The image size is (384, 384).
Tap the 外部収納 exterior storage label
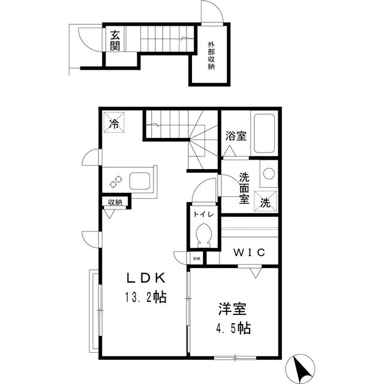(211, 55)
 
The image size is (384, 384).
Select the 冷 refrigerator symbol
(114, 123)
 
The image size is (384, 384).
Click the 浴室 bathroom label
(236, 136)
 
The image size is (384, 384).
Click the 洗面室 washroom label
(244, 188)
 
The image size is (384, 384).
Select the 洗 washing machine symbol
(265, 202)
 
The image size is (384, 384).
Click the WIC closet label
(248, 253)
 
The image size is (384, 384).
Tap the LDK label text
(145, 277)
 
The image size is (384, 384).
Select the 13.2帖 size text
(145, 296)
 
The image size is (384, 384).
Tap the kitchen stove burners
(115, 179)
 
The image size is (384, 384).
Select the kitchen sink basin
(139, 180)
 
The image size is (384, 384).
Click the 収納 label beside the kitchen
(115, 202)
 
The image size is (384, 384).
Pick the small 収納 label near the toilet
(196, 259)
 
